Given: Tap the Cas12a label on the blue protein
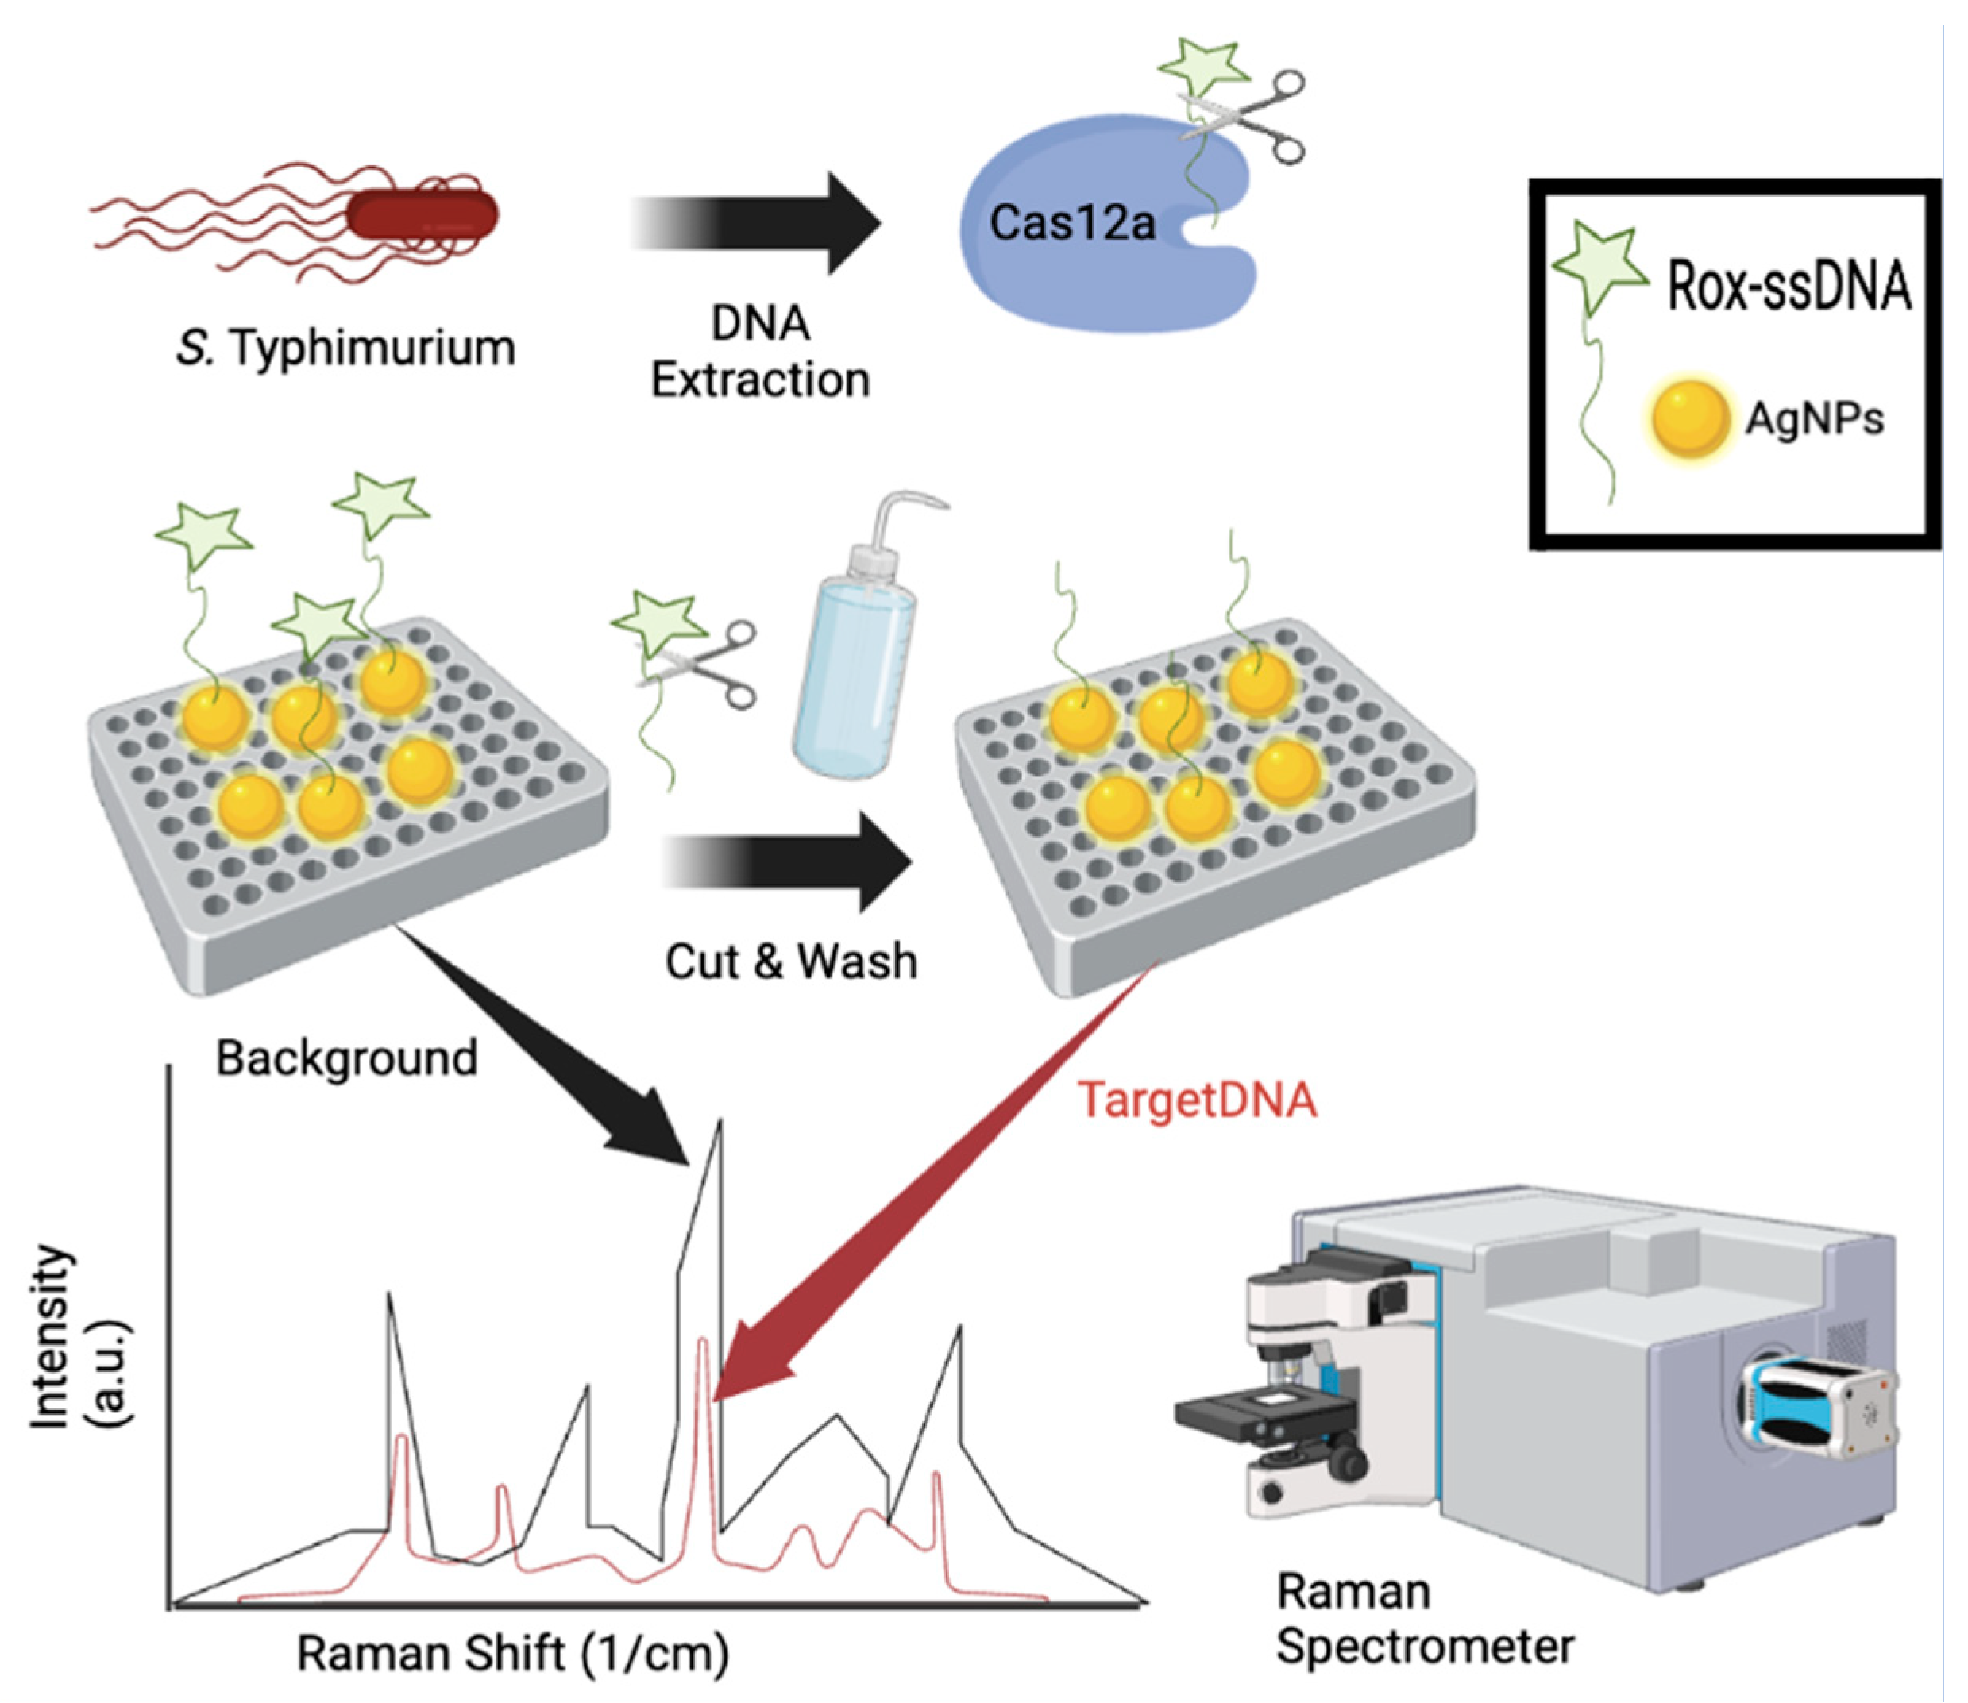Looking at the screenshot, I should point(1071,223).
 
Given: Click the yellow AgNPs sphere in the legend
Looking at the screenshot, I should point(1689,418).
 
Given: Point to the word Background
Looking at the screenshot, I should point(346,1058).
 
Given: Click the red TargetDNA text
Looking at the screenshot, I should point(1197,1100).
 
